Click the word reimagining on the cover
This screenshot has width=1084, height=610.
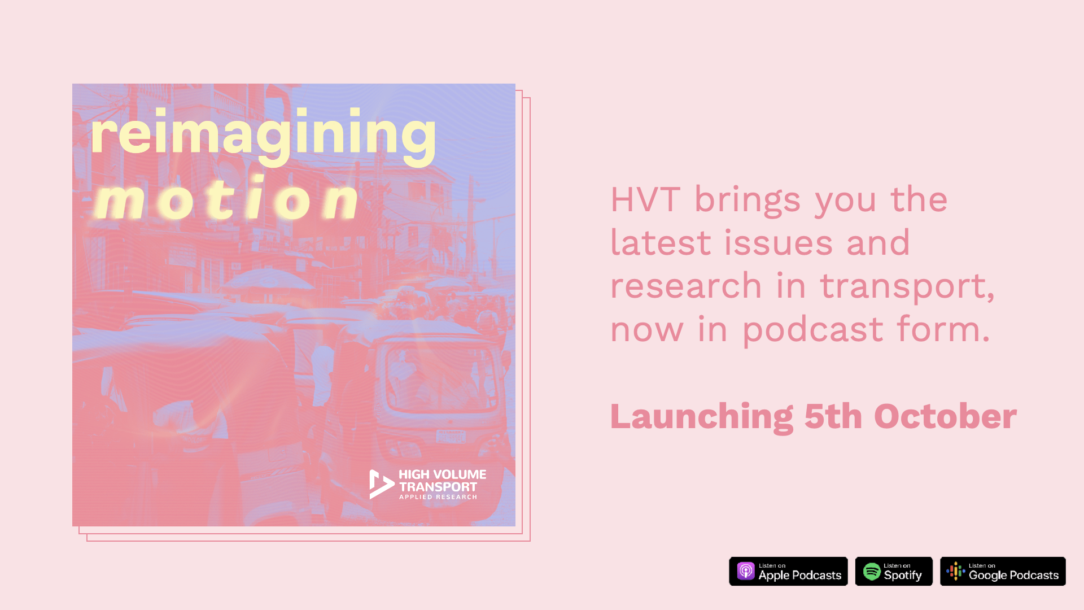pyautogui.click(x=263, y=136)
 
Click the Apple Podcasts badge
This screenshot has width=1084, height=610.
pyautogui.click(x=788, y=571)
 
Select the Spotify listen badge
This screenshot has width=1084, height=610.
pyautogui.click(x=894, y=571)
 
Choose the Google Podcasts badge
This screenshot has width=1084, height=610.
pyautogui.click(x=1003, y=571)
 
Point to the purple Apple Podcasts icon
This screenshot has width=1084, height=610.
pyautogui.click(x=746, y=571)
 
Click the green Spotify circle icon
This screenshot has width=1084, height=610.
pyautogui.click(x=872, y=572)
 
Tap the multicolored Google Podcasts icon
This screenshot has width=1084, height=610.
pyautogui.click(x=956, y=571)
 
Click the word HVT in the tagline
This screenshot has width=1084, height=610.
pyautogui.click(x=645, y=199)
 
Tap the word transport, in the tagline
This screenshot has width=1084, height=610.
pyautogui.click(x=907, y=286)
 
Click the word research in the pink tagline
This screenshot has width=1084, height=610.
pyautogui.click(x=686, y=286)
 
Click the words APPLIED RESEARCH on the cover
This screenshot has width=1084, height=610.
pyautogui.click(x=438, y=497)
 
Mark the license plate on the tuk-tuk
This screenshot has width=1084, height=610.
pyautogui.click(x=451, y=437)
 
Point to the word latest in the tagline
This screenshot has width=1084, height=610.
pyautogui.click(x=661, y=243)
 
